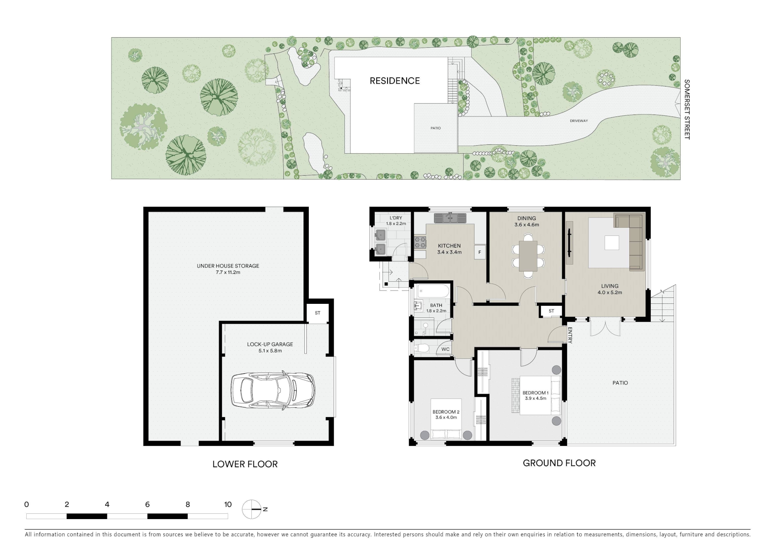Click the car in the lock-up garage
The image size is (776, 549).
(x=273, y=390)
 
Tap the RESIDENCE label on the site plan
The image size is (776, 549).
(x=394, y=81)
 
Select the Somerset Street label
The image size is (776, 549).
(x=687, y=110)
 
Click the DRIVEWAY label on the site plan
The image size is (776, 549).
(x=579, y=121)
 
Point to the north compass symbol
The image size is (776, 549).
(x=252, y=509)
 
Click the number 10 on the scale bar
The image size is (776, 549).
(x=228, y=504)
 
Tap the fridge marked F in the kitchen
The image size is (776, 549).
(x=480, y=252)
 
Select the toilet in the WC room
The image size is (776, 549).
(x=422, y=348)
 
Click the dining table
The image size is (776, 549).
(x=528, y=256)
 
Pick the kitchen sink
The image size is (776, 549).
(x=450, y=218)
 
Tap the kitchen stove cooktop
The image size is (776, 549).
(x=420, y=242)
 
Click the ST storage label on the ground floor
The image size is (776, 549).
(x=551, y=311)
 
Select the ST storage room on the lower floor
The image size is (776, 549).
(x=318, y=313)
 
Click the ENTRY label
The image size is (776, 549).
(x=570, y=335)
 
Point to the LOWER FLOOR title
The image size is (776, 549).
(x=245, y=464)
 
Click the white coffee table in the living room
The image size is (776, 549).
(x=612, y=243)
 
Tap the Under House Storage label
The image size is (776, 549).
(x=228, y=266)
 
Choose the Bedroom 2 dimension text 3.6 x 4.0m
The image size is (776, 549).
(x=446, y=418)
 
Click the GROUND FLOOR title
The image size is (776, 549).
(x=559, y=463)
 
